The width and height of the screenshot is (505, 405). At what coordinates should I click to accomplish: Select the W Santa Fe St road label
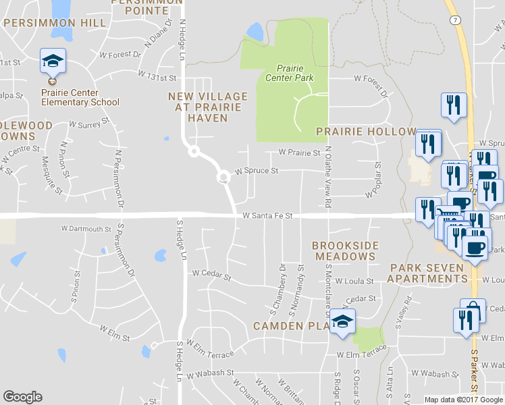(267, 216)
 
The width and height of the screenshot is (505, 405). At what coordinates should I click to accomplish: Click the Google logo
(23, 397)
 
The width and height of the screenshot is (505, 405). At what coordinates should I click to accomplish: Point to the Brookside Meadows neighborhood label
(345, 251)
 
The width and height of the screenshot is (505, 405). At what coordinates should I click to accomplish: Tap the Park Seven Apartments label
(427, 273)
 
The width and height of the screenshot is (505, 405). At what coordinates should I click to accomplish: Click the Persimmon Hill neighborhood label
(55, 23)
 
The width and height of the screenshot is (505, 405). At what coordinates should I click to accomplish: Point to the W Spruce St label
(257, 171)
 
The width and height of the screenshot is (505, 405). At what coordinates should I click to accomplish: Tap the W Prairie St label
(299, 153)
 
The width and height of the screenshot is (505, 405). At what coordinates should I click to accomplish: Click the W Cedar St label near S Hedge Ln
(211, 275)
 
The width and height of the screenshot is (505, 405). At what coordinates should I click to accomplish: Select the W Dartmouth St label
(86, 229)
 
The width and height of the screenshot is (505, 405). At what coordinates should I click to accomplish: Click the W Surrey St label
(89, 125)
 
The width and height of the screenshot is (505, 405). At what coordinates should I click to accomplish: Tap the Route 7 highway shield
(456, 21)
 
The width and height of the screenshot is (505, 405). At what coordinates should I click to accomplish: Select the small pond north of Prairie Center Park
(255, 31)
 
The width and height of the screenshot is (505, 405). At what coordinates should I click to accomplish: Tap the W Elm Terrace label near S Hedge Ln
(211, 350)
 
